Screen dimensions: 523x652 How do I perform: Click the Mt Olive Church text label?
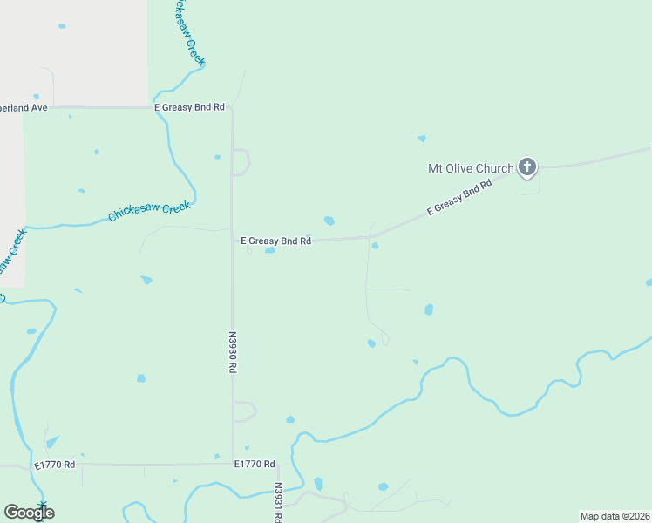click(x=470, y=168)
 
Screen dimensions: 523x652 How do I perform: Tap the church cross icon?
click(x=526, y=166)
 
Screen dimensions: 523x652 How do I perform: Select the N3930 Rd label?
click(x=233, y=351)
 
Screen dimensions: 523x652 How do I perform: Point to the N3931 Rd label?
click(x=278, y=503)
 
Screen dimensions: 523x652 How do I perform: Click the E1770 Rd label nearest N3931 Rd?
click(x=255, y=465)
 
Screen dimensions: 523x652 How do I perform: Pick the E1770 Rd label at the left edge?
click(x=55, y=465)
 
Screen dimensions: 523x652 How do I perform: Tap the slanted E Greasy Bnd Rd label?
click(x=459, y=198)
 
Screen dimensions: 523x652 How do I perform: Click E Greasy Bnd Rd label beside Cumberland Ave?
click(x=189, y=107)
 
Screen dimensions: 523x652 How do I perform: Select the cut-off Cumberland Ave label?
click(x=24, y=107)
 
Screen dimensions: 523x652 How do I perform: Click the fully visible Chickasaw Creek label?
click(x=149, y=211)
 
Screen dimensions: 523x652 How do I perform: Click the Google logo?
click(x=29, y=513)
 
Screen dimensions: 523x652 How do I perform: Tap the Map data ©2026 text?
click(x=615, y=516)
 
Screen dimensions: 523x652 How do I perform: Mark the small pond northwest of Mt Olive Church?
click(x=422, y=138)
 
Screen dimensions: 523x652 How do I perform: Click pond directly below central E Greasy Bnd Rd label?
click(x=270, y=251)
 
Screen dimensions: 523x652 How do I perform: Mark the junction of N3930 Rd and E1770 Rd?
click(x=233, y=465)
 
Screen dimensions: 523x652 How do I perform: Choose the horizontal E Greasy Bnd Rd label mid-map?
click(x=275, y=241)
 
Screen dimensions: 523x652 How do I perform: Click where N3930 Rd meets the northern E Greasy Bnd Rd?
click(x=232, y=108)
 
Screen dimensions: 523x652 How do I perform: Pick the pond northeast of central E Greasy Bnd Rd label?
click(x=329, y=221)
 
